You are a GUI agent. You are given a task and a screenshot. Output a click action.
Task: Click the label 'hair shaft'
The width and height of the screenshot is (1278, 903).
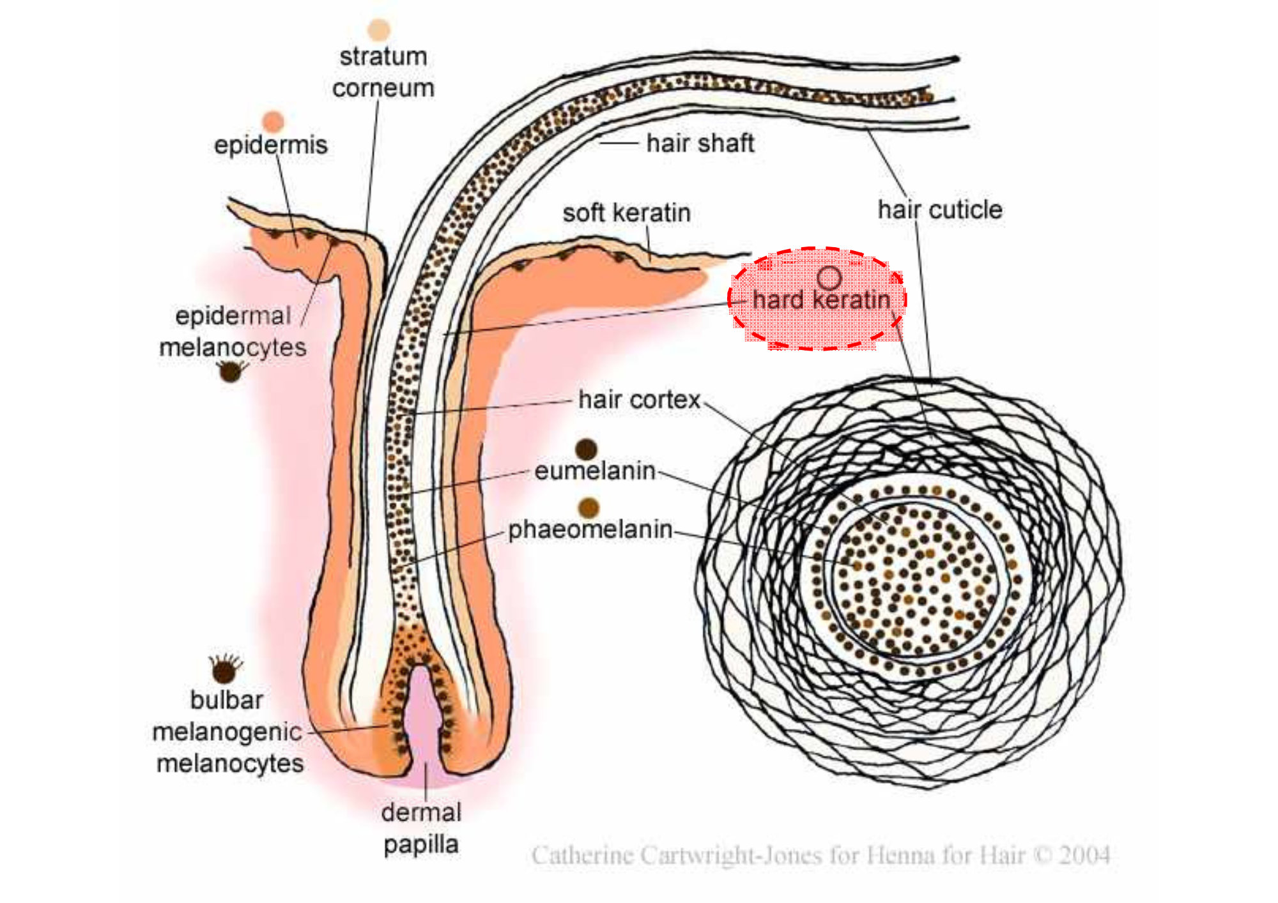point(700,143)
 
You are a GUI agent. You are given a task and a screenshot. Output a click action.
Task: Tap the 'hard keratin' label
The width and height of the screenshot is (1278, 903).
point(821,300)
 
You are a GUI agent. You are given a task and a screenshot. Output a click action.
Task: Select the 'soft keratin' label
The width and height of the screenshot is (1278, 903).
point(626,213)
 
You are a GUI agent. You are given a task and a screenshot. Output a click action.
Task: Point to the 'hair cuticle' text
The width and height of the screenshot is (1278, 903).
point(939,209)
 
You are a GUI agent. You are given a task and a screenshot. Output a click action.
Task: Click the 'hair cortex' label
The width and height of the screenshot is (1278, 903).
point(639,400)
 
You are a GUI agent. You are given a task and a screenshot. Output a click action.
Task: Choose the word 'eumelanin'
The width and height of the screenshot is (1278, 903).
point(595,471)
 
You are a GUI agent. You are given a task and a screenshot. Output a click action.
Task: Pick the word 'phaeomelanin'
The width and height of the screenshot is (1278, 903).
point(590,529)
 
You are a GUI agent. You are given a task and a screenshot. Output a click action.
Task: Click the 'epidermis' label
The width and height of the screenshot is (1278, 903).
point(270,145)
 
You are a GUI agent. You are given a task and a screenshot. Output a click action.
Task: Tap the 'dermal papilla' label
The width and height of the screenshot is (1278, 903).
point(420,828)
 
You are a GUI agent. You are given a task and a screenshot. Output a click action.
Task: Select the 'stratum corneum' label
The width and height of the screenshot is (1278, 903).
point(383,72)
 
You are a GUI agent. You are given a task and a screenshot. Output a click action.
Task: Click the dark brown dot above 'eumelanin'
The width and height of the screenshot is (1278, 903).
point(586,449)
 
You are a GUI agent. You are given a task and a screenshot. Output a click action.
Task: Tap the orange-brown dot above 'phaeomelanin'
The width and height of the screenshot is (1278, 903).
point(589,508)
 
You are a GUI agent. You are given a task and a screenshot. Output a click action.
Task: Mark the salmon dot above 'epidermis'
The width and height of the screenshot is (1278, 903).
point(273,121)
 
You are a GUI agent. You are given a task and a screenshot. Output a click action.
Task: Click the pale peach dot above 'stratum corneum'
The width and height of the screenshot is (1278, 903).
point(379,29)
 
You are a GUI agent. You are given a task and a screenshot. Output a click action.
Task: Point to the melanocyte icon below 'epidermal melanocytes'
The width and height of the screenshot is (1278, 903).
point(231,371)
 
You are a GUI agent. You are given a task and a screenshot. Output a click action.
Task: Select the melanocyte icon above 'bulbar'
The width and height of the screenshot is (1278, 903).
point(224,669)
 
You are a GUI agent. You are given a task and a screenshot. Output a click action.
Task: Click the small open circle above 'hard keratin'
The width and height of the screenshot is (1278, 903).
point(829,277)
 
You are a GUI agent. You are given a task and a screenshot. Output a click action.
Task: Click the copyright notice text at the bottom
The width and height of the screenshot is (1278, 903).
point(820,855)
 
